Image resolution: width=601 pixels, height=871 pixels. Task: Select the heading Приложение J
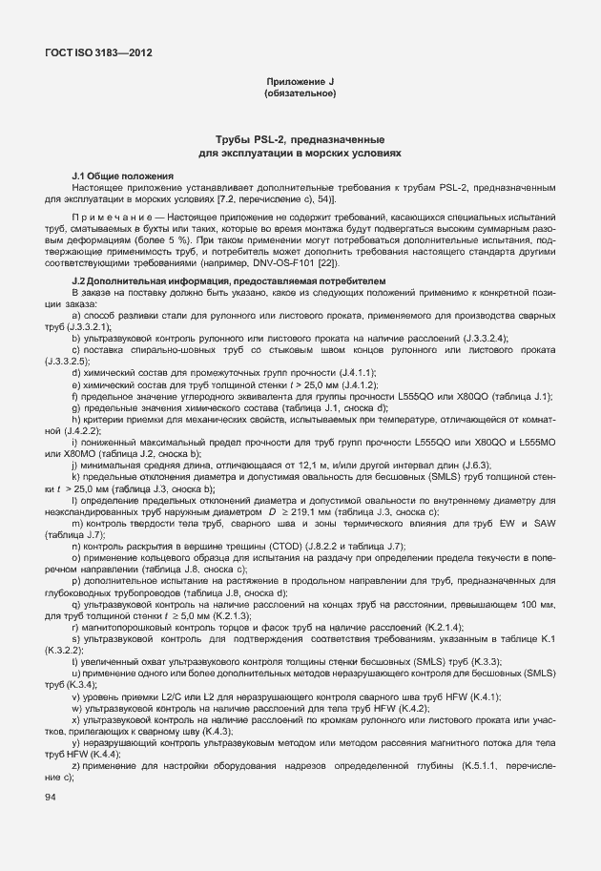pyautogui.click(x=300, y=84)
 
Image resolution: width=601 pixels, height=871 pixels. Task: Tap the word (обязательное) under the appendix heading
pyautogui.click(x=300, y=94)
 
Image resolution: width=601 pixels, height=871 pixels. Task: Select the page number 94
pyautogui.click(x=50, y=796)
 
